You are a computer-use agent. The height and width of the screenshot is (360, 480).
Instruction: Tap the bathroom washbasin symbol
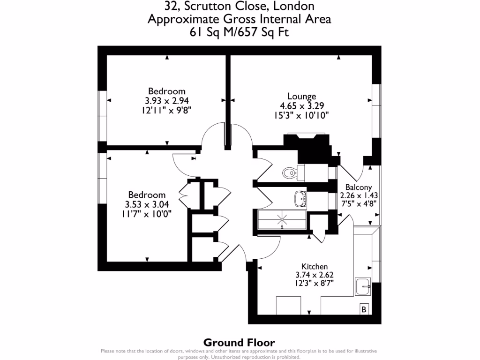[300, 198]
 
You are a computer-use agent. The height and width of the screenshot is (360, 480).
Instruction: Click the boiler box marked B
[364, 310]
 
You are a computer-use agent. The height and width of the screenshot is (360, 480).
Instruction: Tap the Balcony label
[359, 187]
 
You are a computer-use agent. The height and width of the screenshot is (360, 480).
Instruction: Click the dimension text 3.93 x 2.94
[166, 100]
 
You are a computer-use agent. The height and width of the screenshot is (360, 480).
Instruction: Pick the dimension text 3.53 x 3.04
[147, 204]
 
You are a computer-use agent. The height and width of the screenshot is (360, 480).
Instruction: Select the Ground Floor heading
[239, 343]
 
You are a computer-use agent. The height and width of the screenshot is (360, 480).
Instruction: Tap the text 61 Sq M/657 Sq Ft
[240, 32]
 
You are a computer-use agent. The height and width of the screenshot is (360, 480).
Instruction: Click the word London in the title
[293, 6]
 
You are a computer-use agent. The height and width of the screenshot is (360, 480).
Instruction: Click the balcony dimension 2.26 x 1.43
[359, 195]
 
